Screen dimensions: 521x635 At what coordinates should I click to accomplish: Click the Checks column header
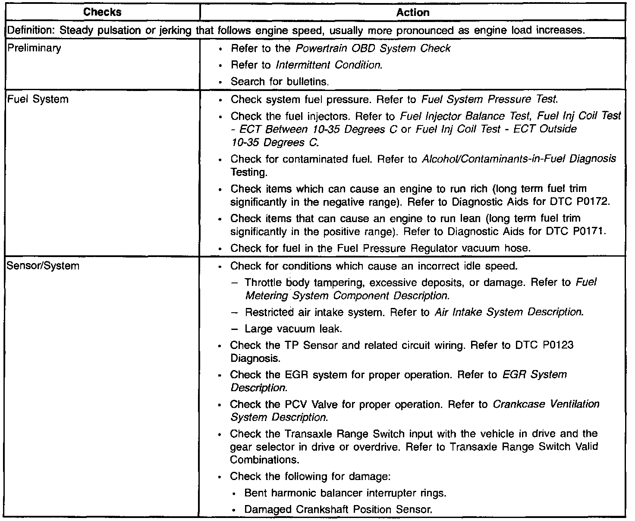coord(103,13)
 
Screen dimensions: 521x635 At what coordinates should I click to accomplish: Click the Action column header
coord(412,13)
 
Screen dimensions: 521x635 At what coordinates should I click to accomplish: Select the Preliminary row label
coord(35,48)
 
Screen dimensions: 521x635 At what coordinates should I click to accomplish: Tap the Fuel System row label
coord(38,99)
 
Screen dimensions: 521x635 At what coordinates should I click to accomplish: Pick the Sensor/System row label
coord(43,266)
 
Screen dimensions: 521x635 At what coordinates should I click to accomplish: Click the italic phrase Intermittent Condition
coord(328,65)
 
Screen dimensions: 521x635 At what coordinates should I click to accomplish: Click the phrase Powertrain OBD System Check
coord(373,48)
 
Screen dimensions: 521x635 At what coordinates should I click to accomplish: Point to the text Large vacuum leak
coord(293,329)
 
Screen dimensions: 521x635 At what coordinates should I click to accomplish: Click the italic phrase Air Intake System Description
coord(509,312)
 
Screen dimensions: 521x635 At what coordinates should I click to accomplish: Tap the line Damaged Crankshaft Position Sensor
coord(338,509)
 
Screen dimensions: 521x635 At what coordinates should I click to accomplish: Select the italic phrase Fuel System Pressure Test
coord(489,99)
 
